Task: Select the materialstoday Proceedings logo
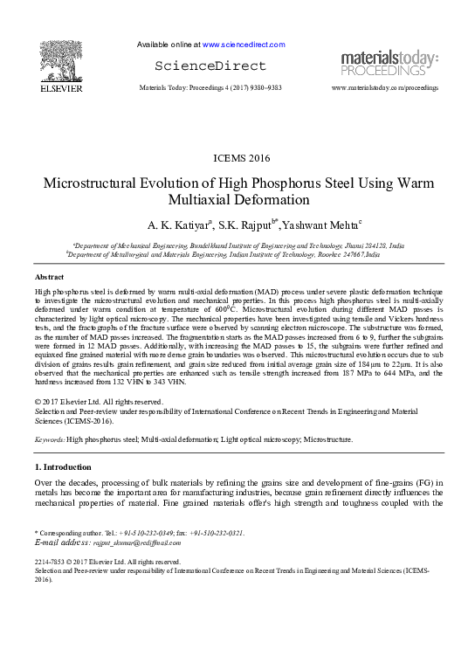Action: coord(389,63)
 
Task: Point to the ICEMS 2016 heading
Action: coord(242,158)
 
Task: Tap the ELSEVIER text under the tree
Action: coord(60,88)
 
